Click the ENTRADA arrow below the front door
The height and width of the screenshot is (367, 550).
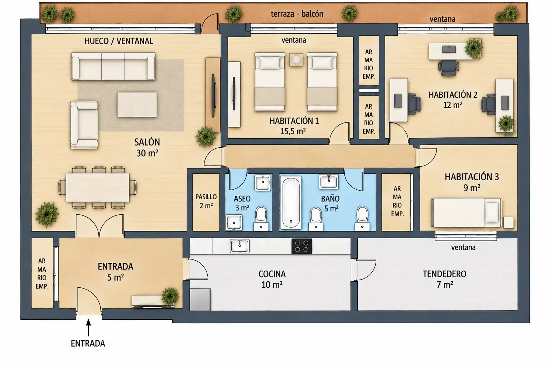click(x=88, y=328)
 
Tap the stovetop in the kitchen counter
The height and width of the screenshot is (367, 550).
click(x=302, y=246)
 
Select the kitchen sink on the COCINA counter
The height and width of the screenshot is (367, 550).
click(x=240, y=246)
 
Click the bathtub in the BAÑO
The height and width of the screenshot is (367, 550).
click(x=291, y=203)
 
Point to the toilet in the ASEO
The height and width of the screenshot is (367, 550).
click(x=261, y=219)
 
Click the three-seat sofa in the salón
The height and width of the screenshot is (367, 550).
click(x=113, y=66)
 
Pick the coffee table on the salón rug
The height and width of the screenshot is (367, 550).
click(x=137, y=104)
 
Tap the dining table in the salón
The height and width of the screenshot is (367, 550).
click(x=97, y=187)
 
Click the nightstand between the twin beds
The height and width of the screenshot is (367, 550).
click(x=296, y=59)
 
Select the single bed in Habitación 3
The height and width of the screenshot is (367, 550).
click(x=467, y=213)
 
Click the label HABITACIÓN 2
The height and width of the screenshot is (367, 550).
click(x=453, y=95)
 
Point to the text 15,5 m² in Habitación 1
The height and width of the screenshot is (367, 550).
click(x=293, y=131)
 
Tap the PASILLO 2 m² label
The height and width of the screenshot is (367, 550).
click(x=206, y=201)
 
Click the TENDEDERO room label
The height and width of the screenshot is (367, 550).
click(x=444, y=274)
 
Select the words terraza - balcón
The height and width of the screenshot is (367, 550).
click(x=297, y=14)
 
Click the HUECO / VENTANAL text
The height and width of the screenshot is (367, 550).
click(x=119, y=41)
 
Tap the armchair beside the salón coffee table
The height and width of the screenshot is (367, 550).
click(x=84, y=125)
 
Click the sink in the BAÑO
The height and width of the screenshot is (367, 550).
click(x=328, y=182)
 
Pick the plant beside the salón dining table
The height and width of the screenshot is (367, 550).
click(x=47, y=214)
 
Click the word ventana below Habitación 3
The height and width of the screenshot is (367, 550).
click(x=463, y=247)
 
